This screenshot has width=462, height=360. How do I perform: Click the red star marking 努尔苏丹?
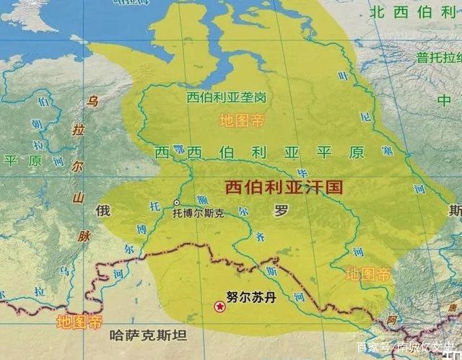[219, 307]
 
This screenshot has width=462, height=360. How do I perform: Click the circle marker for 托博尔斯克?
[176, 203]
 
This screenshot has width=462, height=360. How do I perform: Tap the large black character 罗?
[280, 211]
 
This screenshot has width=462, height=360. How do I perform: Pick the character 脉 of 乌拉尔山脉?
[84, 236]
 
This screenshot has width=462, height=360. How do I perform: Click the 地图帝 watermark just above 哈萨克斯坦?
[79, 322]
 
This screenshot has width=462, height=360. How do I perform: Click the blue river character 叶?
[344, 76]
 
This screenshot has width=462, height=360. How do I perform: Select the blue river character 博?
[141, 229]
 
